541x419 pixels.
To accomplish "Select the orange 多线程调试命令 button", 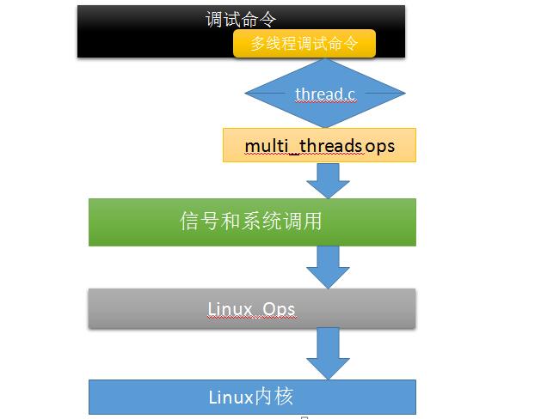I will click(304, 45).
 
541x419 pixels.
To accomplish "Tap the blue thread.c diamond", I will click(325, 94).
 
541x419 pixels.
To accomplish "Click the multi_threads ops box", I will click(319, 145).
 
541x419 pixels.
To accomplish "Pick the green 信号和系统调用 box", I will click(251, 222).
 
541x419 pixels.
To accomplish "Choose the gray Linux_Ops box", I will click(251, 307).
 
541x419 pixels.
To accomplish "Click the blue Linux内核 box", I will click(251, 397).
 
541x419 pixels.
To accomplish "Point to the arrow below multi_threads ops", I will click(328, 179).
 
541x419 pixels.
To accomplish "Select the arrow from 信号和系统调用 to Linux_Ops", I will click(328, 266).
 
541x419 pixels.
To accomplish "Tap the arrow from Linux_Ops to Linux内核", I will click(328, 353).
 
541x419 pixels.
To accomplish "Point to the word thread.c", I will click(325, 94).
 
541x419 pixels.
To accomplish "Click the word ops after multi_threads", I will click(379, 145).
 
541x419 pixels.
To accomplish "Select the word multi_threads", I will click(303, 145).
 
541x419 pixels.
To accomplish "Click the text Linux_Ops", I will click(251, 307).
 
